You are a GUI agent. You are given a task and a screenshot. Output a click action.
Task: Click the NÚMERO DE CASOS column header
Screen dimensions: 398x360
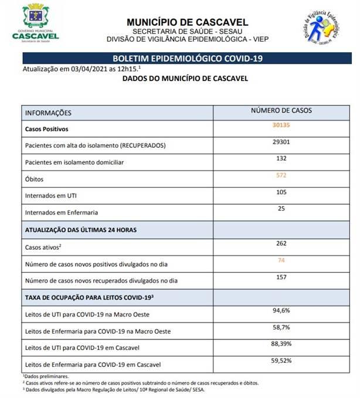pos(281,111)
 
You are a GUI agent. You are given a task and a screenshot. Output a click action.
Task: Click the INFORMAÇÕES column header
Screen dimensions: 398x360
pos(48,113)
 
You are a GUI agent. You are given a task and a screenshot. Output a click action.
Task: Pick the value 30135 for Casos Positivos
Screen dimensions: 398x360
pos(281,125)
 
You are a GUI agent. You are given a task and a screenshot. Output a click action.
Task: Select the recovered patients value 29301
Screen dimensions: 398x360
pos(281,142)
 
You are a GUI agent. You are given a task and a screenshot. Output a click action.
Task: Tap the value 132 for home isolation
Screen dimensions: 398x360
pos(281,158)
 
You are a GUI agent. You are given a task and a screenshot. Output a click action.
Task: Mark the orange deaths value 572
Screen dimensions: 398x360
pos(281,175)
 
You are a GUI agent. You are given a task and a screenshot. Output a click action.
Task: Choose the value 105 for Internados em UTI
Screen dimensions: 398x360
pos(281,192)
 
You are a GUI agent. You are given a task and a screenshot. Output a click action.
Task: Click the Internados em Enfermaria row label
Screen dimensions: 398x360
pos(61,212)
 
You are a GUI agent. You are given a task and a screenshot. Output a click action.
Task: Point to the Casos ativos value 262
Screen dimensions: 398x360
pos(281,243)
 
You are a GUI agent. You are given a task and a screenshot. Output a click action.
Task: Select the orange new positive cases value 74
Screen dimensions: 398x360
pos(281,260)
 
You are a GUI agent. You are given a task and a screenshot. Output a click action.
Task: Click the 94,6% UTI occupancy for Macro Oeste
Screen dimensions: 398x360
pos(281,310)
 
